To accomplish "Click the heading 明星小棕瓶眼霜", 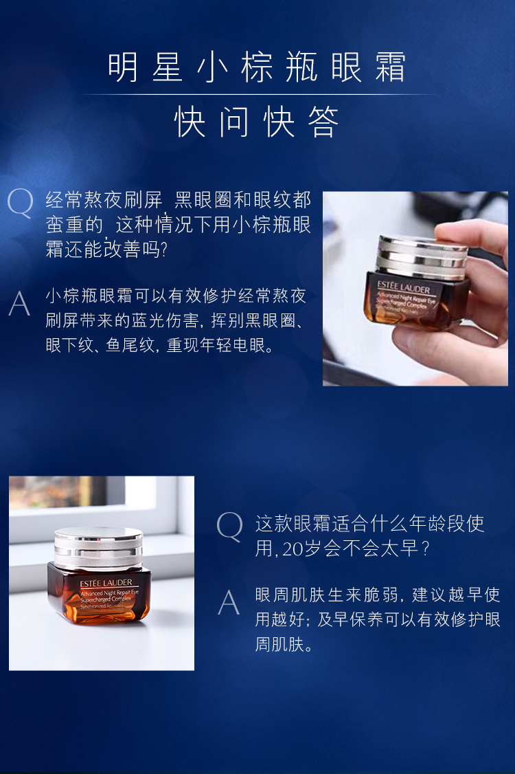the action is (257, 67).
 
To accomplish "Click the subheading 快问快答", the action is (257, 122).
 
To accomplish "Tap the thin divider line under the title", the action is (257, 93).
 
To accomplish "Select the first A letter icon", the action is (20, 303).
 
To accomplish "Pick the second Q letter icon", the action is (230, 527).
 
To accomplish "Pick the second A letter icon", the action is (229, 602).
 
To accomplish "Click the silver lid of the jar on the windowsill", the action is (98, 547).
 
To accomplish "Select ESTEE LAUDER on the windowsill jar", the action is (106, 583).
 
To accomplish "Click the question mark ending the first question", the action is (164, 250).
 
